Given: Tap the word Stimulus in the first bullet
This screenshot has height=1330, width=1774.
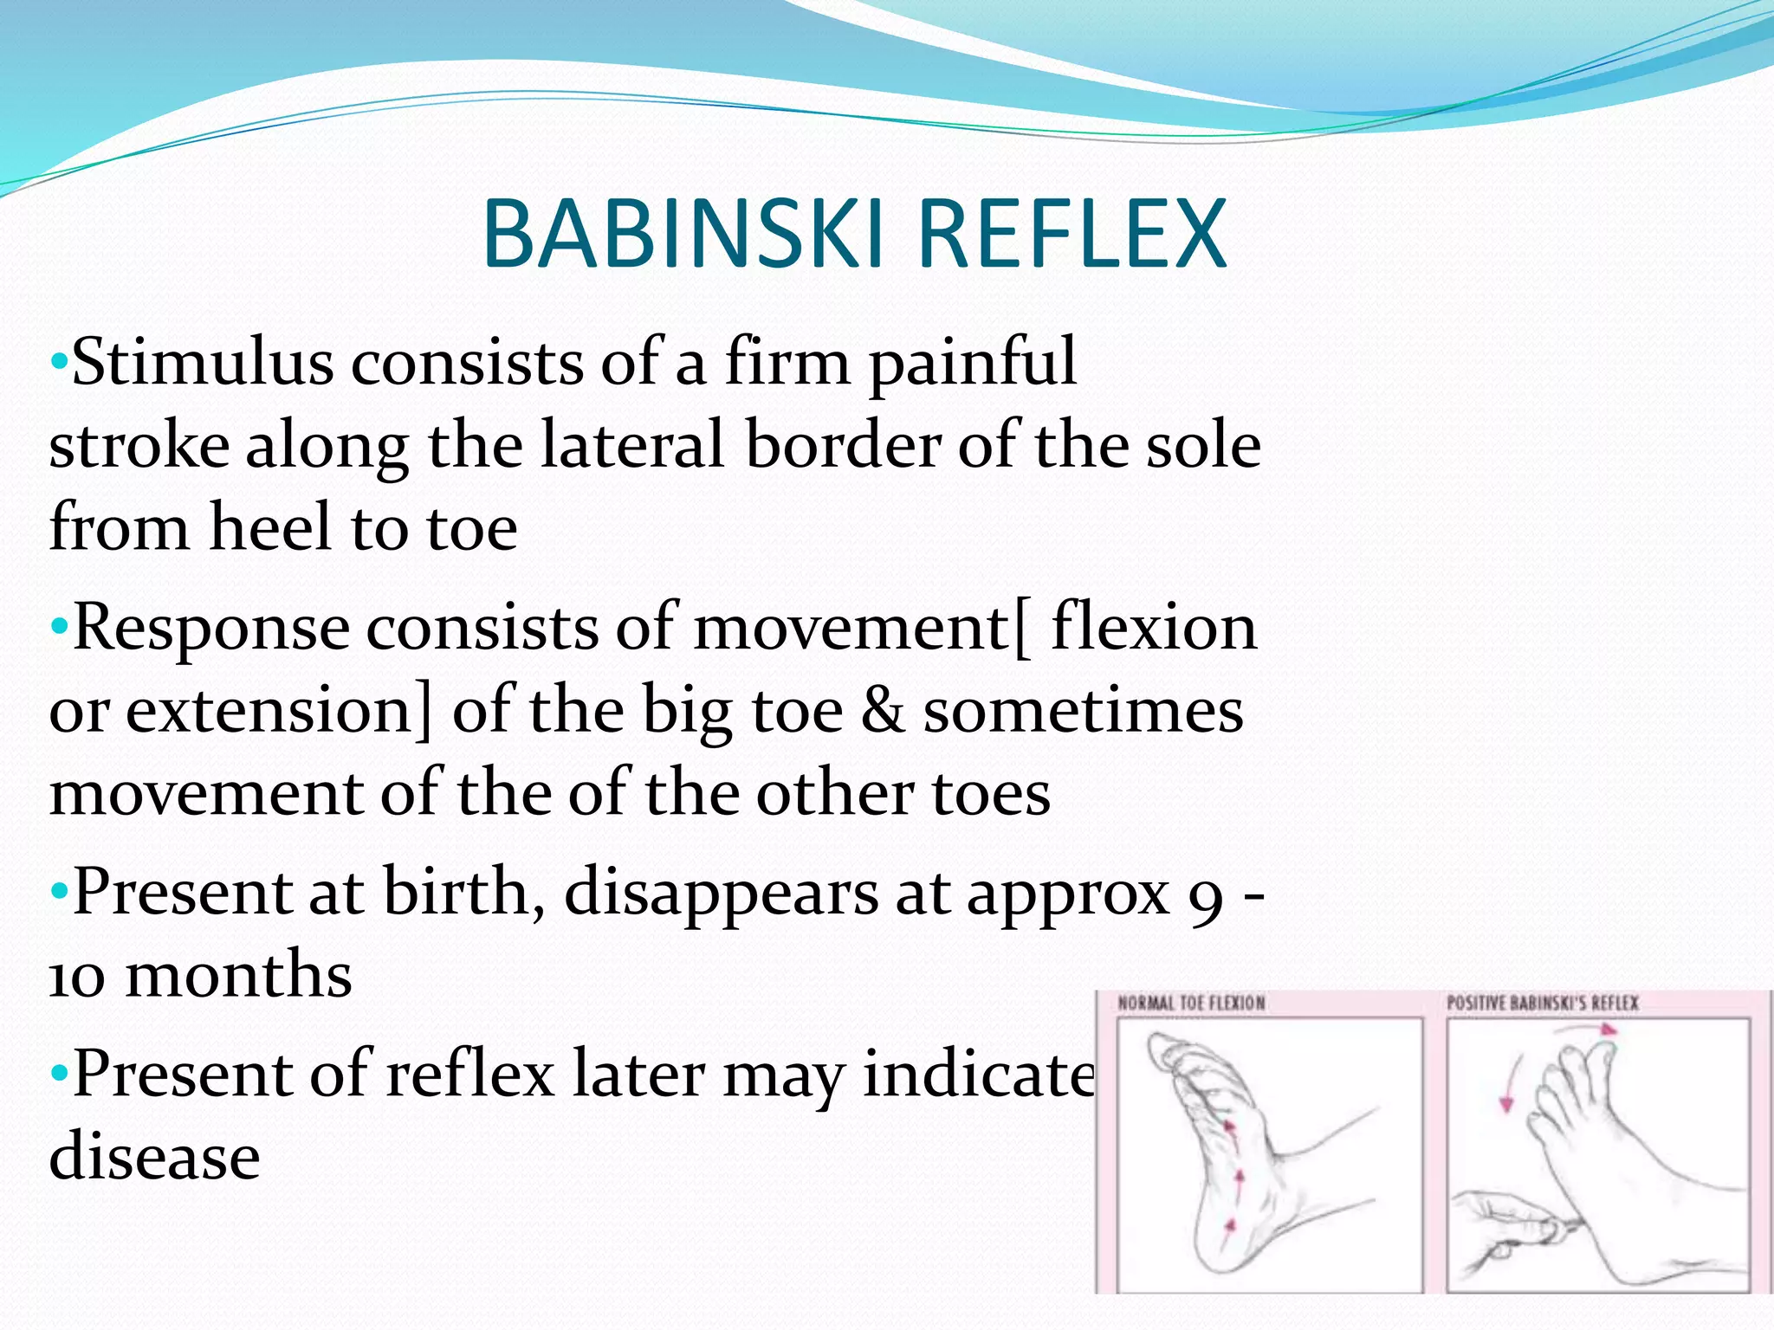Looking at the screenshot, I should click(x=202, y=362).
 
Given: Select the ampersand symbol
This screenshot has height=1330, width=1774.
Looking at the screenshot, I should click(x=883, y=710).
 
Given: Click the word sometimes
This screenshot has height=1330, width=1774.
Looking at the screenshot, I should click(x=1083, y=710).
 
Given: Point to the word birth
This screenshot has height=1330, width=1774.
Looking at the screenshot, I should click(x=456, y=892).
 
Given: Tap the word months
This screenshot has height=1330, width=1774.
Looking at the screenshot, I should click(x=239, y=975).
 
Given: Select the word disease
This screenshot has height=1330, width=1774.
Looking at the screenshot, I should click(x=154, y=1157).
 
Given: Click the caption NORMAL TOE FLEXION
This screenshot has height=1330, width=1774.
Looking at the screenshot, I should click(x=1191, y=1004).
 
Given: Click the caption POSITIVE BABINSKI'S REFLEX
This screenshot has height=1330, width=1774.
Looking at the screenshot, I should click(x=1543, y=1004).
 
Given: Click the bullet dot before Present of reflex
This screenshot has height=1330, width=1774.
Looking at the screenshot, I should click(x=59, y=1075).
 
